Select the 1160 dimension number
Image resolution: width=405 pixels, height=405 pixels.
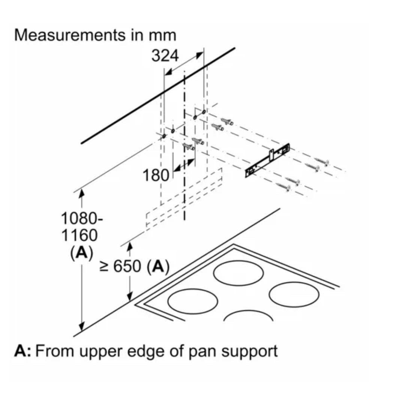[79, 236]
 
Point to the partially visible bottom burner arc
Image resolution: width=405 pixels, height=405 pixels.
[248, 316]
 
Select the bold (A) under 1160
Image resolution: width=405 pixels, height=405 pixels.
[81, 253]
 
